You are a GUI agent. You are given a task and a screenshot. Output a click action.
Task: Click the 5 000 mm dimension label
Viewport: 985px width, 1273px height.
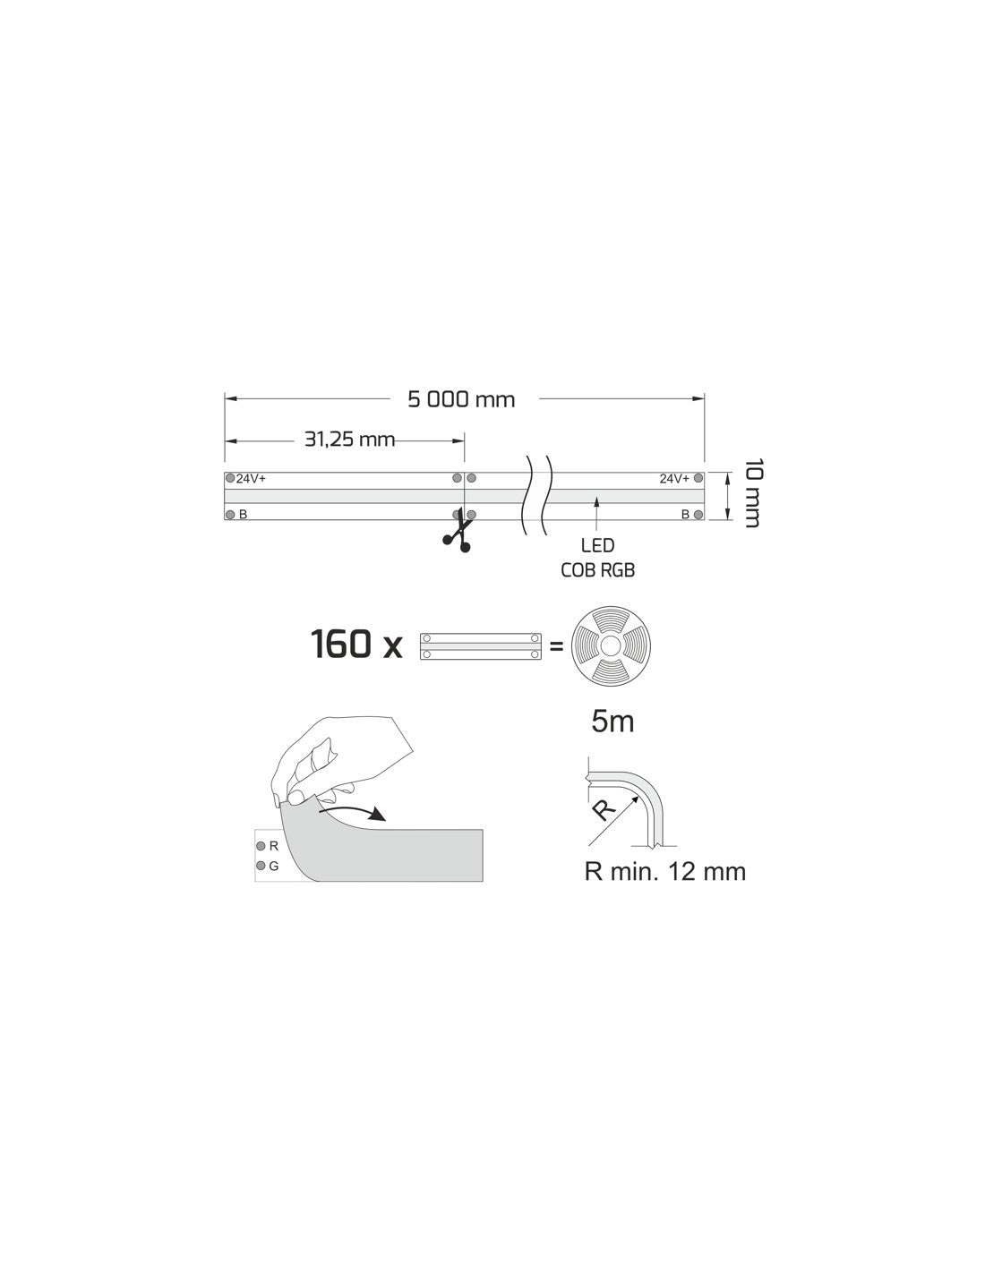461,399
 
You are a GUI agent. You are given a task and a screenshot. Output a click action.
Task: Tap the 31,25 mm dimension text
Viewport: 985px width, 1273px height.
350,439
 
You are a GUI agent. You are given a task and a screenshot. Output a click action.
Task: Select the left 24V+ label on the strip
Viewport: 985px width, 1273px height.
251,479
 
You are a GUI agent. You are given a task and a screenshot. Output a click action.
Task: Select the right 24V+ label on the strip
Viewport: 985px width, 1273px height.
674,479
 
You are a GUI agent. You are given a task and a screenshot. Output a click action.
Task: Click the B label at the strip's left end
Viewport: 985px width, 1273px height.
244,515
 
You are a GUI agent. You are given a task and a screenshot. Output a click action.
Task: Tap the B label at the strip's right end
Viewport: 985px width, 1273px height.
685,515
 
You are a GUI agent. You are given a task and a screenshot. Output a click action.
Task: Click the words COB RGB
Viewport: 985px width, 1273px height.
597,570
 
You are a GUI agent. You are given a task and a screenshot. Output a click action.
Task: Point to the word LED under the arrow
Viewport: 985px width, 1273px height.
597,545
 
